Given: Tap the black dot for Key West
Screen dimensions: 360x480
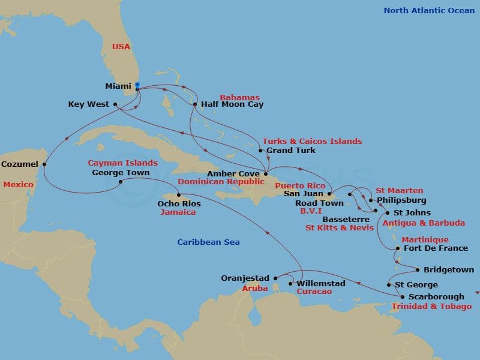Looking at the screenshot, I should [x=115, y=104].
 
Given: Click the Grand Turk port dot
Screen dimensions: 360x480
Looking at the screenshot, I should [x=260, y=150].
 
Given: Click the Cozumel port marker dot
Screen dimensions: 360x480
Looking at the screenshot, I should [x=44, y=164].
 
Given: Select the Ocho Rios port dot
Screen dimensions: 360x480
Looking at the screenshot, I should [x=179, y=195].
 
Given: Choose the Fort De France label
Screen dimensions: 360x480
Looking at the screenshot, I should [x=436, y=248].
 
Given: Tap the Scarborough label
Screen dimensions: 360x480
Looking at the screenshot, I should [x=436, y=296].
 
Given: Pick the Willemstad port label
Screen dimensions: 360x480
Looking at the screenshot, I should [x=321, y=283].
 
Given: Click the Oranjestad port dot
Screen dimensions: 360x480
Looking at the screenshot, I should [x=275, y=278].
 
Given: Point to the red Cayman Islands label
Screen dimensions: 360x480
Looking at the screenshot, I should [x=122, y=163].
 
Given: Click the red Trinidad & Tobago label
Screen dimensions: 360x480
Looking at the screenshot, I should [x=431, y=307].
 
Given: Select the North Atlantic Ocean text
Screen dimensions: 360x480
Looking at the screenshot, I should [x=428, y=11].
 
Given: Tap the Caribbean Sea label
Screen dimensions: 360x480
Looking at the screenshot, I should [x=208, y=242].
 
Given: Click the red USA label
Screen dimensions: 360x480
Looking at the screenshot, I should [x=121, y=47].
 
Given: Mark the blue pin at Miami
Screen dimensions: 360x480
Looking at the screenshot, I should [x=137, y=86].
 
